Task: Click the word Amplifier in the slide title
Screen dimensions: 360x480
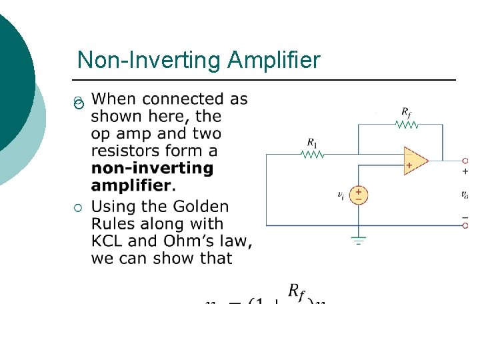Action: click(x=273, y=61)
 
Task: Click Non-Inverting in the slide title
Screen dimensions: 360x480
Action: click(x=149, y=61)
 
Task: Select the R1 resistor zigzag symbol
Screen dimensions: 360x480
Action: click(x=313, y=155)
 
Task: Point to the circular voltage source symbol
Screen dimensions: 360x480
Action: click(x=359, y=195)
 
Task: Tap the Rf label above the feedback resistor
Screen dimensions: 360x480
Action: click(x=405, y=111)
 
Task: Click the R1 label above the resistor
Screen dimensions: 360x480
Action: click(x=312, y=142)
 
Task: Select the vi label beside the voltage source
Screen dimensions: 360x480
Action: click(x=341, y=195)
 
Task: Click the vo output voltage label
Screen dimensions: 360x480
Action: click(x=465, y=195)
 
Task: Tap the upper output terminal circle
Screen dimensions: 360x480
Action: click(x=465, y=161)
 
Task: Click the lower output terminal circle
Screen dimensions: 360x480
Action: click(x=465, y=225)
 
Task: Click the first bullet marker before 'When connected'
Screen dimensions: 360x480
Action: click(x=79, y=103)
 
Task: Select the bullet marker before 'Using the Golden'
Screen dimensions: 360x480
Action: click(x=79, y=210)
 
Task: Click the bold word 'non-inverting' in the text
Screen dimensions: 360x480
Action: click(x=153, y=168)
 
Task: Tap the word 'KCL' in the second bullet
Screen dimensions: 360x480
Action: click(x=107, y=241)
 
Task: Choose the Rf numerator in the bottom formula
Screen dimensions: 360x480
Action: click(x=298, y=291)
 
